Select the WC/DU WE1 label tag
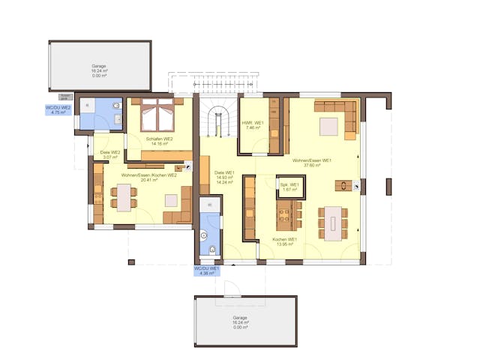206,270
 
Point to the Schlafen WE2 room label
160,139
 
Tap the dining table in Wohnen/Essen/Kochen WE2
123,197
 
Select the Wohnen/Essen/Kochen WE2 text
149,175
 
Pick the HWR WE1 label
253,122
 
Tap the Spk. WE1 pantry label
289,184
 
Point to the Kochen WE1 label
285,239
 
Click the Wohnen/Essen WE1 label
313,160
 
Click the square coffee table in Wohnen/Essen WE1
329,127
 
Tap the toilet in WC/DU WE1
212,249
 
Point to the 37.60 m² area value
313,165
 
